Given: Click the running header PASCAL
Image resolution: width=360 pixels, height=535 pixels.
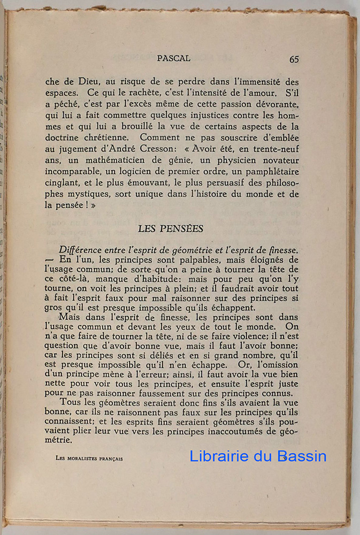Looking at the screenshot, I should (x=173, y=58).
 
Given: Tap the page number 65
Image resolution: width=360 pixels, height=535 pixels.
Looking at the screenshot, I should (x=294, y=59).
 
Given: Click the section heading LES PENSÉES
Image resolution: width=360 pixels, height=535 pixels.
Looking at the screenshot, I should (x=171, y=228).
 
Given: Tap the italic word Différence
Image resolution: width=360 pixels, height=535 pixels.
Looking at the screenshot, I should (x=85, y=251).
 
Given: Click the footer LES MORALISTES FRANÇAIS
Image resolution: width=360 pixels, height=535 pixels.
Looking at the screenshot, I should (x=89, y=458).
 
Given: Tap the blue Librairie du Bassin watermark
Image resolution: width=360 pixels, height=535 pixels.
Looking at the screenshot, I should (x=258, y=456).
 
